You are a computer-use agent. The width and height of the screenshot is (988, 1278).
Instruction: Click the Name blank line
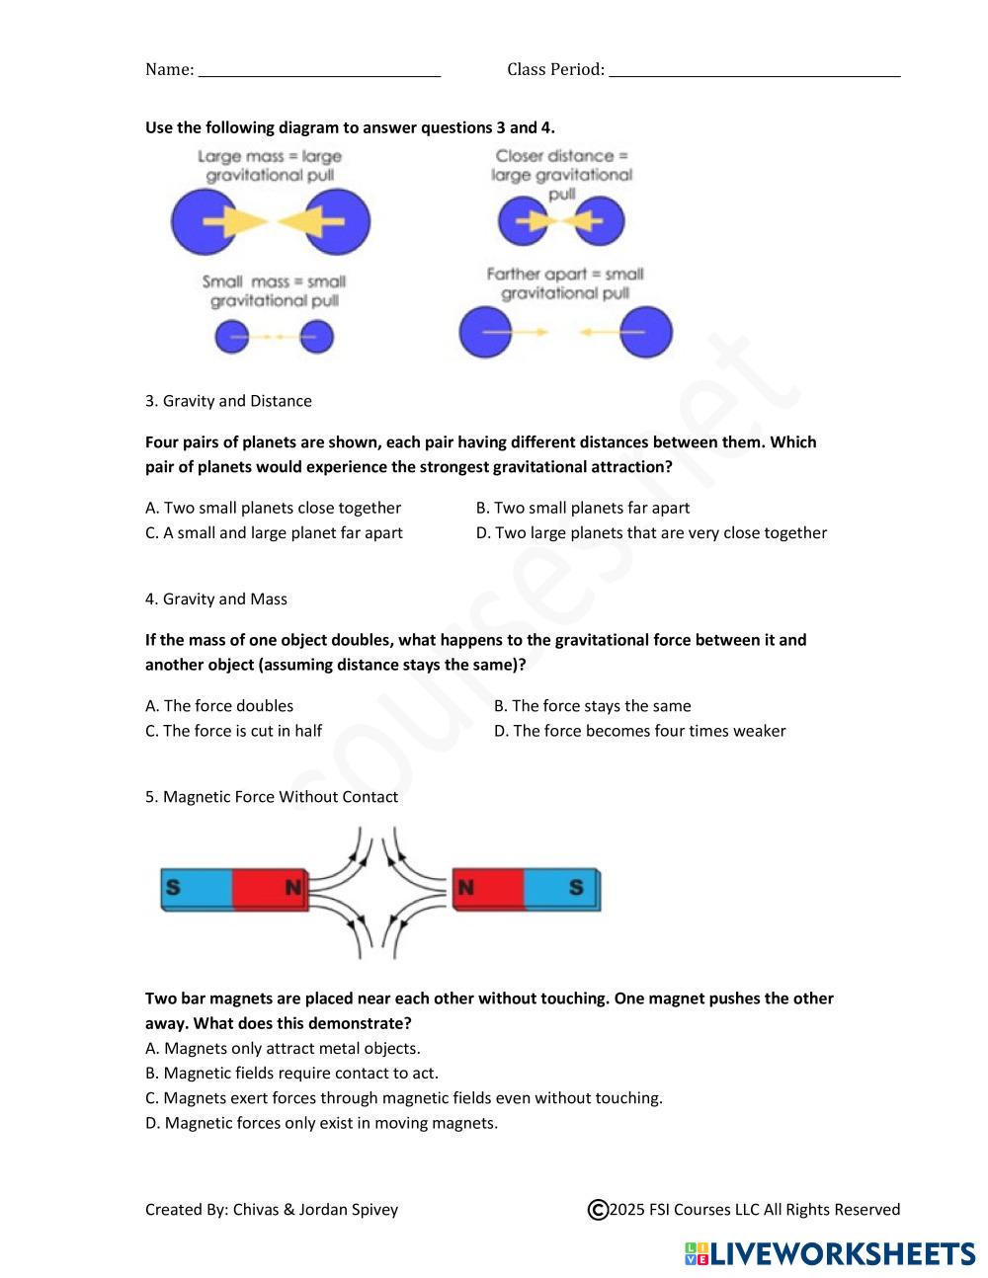pyautogui.click(x=319, y=71)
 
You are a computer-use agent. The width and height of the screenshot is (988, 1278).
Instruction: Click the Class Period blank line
pyautogui.click(x=755, y=71)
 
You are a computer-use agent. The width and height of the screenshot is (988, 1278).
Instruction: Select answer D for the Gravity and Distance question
pyautogui.click(x=651, y=533)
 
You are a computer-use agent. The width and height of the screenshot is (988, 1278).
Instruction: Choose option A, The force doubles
pyautogui.click(x=219, y=706)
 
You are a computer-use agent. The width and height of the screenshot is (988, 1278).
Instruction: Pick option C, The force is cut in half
pyautogui.click(x=233, y=731)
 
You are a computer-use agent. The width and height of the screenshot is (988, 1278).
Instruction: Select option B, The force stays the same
pyautogui.click(x=592, y=706)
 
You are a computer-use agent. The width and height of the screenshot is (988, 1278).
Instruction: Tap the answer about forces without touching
pyautogui.click(x=403, y=1098)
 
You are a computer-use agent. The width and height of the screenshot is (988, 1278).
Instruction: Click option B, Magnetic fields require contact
pyautogui.click(x=291, y=1074)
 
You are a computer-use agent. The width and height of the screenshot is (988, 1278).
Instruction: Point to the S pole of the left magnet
pyautogui.click(x=174, y=887)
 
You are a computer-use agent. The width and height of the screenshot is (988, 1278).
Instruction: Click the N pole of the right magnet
pyautogui.click(x=465, y=888)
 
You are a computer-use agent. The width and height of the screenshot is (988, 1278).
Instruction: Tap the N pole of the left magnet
pyautogui.click(x=292, y=888)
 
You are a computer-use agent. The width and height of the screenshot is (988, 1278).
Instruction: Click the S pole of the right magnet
pyautogui.click(x=576, y=888)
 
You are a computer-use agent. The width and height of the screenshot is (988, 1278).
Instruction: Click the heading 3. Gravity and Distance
pyautogui.click(x=228, y=401)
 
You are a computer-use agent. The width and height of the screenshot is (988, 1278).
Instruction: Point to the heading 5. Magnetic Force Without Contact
pyautogui.click(x=272, y=797)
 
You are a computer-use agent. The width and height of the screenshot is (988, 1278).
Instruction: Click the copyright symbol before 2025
pyautogui.click(x=598, y=1210)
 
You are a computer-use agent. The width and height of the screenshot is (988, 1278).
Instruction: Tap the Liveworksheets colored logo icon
pyautogui.click(x=697, y=1254)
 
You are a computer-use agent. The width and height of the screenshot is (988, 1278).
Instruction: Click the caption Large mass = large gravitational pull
pyautogui.click(x=269, y=166)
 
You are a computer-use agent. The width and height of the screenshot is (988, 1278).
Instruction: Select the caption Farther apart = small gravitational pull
pyautogui.click(x=564, y=283)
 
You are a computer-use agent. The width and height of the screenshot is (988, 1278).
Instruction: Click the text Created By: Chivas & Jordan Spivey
pyautogui.click(x=272, y=1210)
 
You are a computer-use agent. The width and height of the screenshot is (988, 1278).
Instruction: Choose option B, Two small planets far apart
pyautogui.click(x=582, y=509)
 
